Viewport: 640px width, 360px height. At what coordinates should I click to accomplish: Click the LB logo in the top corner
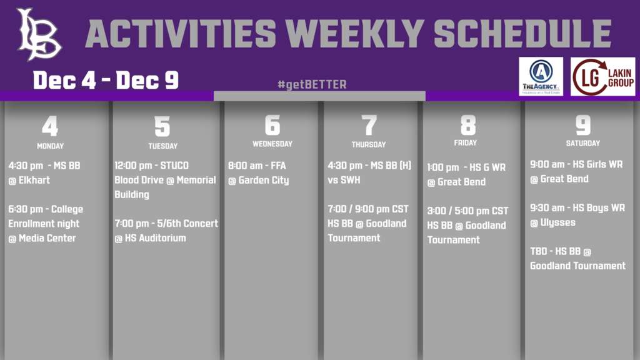click(x=39, y=35)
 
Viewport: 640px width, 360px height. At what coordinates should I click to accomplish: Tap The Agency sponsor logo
click(x=541, y=76)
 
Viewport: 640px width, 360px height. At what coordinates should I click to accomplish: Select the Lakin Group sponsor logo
click(x=603, y=77)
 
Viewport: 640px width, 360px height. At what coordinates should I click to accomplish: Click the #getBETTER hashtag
click(x=312, y=84)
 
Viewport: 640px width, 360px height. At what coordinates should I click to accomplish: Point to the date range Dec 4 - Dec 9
click(x=106, y=80)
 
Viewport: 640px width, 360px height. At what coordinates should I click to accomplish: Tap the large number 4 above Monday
click(x=50, y=126)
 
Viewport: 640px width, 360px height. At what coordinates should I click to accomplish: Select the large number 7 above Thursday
click(x=369, y=125)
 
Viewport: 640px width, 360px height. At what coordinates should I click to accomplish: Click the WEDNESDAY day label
click(x=272, y=144)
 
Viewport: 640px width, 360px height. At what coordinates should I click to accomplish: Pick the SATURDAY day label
click(x=583, y=143)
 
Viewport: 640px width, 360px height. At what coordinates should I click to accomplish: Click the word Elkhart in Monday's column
click(x=34, y=180)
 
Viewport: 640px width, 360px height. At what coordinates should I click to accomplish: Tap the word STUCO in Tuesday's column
click(x=174, y=166)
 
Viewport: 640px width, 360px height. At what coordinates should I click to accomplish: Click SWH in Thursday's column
click(x=349, y=180)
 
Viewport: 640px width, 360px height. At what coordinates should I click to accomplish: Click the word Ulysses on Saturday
click(x=558, y=222)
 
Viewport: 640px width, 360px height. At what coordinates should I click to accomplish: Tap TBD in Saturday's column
click(x=539, y=251)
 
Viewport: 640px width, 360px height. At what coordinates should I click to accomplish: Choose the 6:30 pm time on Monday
click(x=25, y=209)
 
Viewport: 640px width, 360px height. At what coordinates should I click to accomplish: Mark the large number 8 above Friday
click(x=468, y=125)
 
